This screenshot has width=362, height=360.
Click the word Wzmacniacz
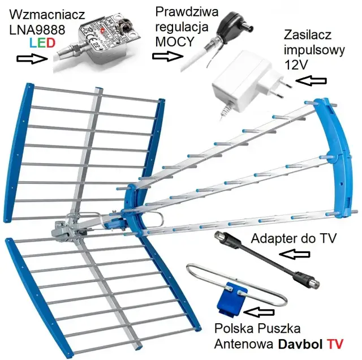[43, 12]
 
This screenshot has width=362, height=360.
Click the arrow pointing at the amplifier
[31, 58]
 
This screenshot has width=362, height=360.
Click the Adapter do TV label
[294, 238]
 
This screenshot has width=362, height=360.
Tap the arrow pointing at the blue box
[262, 311]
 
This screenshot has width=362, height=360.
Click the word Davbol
[304, 343]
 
